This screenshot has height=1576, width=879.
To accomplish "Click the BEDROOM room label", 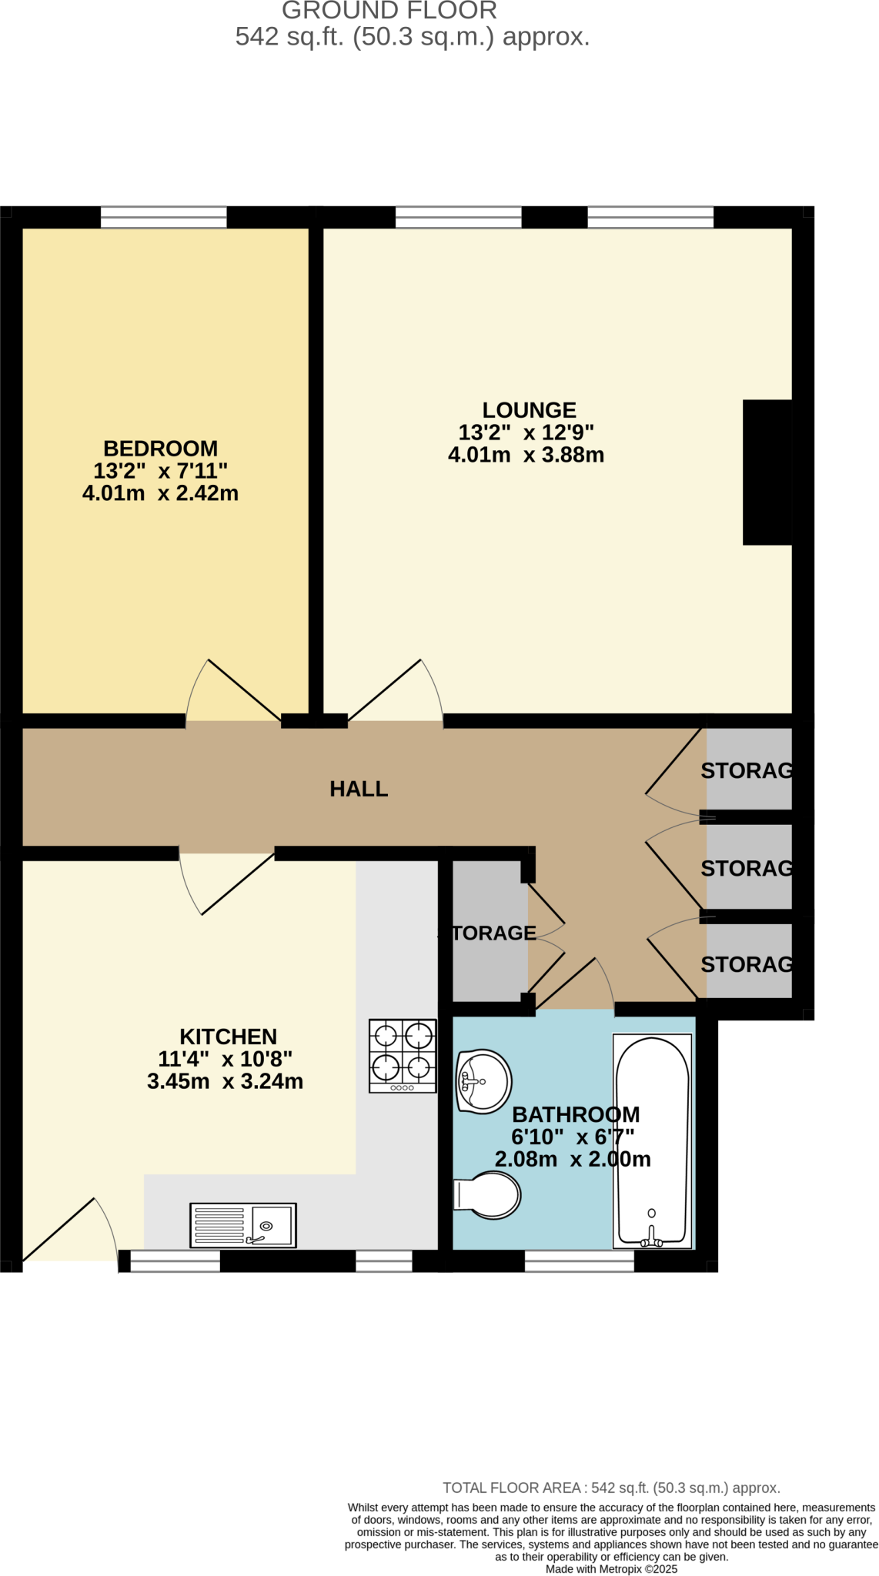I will tap(160, 448).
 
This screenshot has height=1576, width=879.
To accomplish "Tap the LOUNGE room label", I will tap(529, 410).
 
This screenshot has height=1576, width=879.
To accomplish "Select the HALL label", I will tap(359, 789).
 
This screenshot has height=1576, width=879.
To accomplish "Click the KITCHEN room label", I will tap(228, 1037).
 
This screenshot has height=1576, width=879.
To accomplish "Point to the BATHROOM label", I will tap(576, 1114).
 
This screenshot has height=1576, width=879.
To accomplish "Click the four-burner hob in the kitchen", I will tap(403, 1056).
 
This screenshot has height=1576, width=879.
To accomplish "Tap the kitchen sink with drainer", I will tap(242, 1224).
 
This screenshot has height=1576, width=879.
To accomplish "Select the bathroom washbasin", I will tap(483, 1081).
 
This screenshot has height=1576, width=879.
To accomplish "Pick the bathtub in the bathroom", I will tap(652, 1140).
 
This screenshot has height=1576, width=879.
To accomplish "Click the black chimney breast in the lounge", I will tap(767, 472).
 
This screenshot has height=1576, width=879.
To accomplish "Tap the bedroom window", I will tap(163, 217).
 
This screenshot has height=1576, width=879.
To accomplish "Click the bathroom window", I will tap(579, 1260).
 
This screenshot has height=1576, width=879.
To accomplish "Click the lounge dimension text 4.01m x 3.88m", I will tap(526, 455).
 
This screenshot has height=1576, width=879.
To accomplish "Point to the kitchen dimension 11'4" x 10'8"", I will tap(225, 1059).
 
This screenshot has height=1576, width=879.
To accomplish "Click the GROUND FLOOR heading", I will tap(389, 11).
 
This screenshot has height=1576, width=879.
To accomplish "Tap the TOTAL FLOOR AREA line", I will tap(611, 1488).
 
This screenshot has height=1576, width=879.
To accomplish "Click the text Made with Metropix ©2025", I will tap(611, 1569).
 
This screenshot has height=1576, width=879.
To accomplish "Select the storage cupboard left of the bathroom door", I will tap(490, 933).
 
